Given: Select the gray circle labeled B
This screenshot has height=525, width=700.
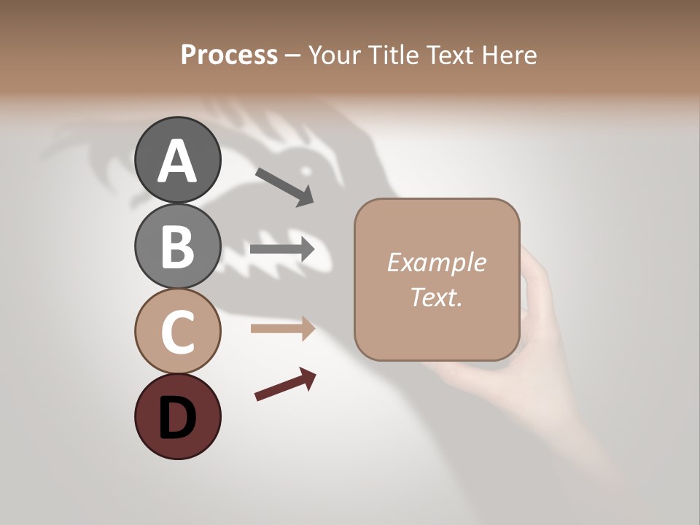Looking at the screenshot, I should tap(177, 246).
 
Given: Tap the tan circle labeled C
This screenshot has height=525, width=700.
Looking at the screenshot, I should tap(177, 332).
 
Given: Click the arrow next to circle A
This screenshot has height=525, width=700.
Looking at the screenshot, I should tap(285, 186).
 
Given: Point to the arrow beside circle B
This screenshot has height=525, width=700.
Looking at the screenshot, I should tap(282, 249).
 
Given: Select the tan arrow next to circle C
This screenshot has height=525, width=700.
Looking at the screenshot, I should tap(282, 329).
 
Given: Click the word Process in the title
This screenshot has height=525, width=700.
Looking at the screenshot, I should tap(229, 55).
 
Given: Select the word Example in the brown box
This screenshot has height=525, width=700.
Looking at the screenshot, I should tap(436, 262).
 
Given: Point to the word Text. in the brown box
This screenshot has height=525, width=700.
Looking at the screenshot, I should tap(436, 297).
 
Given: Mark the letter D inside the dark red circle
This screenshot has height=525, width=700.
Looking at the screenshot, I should tap(177, 419).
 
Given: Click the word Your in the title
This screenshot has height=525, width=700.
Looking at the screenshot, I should tap(334, 55).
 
